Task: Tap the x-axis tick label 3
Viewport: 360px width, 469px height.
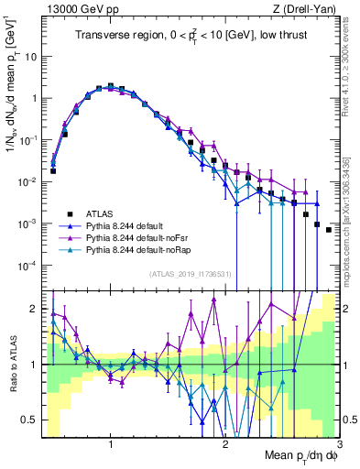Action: coord(339,442)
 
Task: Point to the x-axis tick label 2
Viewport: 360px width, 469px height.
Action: coord(225,442)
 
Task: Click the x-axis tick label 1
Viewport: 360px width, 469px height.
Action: coord(111,442)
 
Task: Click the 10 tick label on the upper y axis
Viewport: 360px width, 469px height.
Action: coord(30,56)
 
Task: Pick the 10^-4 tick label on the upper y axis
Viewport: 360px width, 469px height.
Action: coord(28,266)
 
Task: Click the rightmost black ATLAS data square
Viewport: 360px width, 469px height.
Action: coord(328,230)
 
